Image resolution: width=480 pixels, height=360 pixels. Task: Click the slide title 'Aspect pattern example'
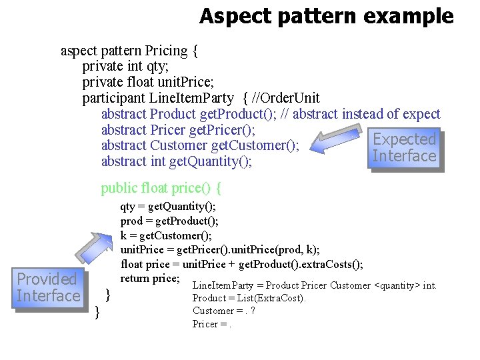[326, 16]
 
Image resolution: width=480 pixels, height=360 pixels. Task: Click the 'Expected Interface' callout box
[404, 148]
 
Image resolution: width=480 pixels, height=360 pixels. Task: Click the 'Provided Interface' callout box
[48, 287]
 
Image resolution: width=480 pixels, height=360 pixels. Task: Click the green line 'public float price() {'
[161, 188]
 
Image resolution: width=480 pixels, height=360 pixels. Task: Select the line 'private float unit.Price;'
[148, 83]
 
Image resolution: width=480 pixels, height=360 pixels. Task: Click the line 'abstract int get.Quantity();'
[177, 161]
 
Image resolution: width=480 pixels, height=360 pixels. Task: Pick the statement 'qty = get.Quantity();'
[168, 207]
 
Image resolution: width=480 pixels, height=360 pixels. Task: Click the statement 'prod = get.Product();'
[169, 221]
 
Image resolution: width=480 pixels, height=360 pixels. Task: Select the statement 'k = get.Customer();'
[166, 235]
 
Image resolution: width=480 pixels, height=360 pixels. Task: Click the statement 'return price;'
[150, 278]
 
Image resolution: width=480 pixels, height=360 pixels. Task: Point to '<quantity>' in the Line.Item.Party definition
[397, 285]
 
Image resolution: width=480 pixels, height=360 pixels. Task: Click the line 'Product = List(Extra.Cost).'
[249, 298]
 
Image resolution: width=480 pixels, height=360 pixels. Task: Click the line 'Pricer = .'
[212, 324]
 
